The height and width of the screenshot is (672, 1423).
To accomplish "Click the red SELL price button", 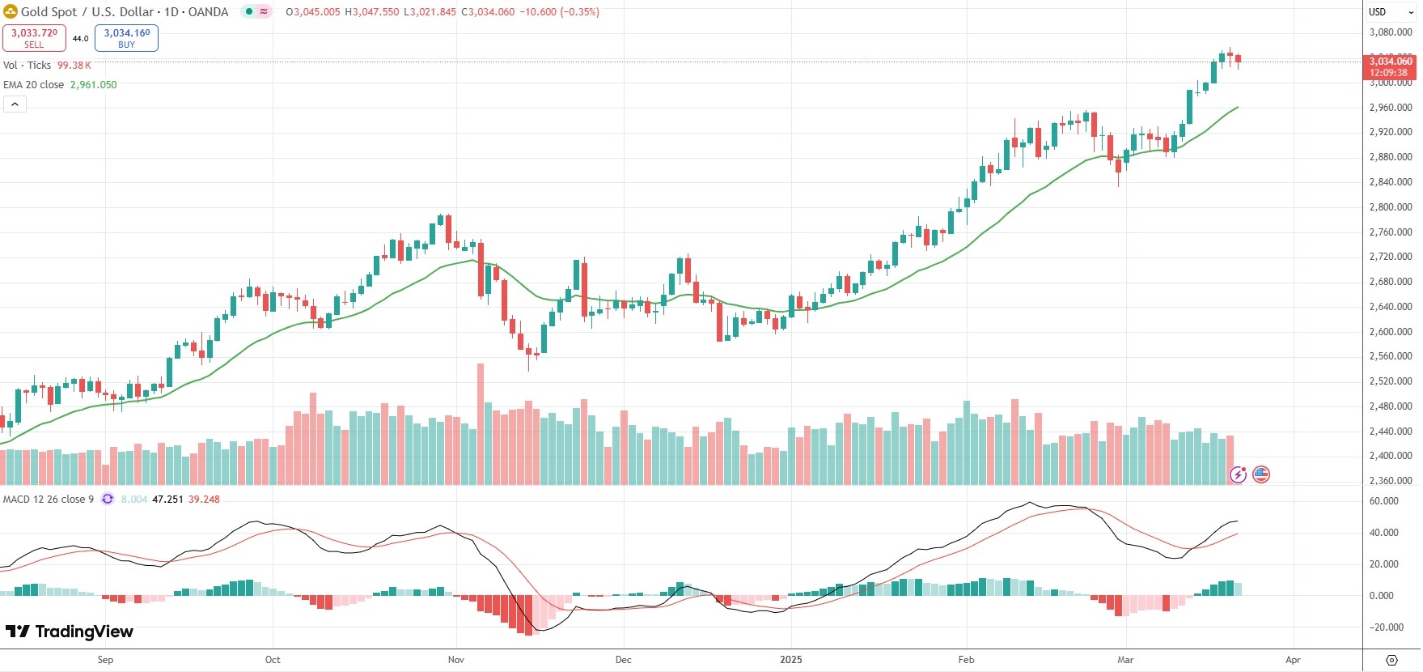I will [x=34, y=37].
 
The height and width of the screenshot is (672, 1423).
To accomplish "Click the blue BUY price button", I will [x=126, y=37].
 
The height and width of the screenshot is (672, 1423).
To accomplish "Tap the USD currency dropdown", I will [x=1391, y=12].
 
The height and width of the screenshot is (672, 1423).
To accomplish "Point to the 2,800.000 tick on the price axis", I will [x=1390, y=207].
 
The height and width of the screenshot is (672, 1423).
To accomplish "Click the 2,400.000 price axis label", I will [x=1390, y=456].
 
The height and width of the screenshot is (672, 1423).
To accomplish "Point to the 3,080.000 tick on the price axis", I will [x=1390, y=32].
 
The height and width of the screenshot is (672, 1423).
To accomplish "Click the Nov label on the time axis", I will [x=456, y=660].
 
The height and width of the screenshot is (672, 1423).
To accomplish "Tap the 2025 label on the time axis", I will [x=790, y=660].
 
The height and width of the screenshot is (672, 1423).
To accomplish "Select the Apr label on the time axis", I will [x=1293, y=660].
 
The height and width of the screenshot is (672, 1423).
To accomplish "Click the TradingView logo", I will [x=70, y=632].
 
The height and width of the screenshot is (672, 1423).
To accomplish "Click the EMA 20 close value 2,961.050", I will [x=93, y=85].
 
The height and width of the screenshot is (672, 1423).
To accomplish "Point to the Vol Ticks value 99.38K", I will [x=74, y=66].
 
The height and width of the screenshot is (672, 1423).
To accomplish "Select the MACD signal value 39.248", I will [x=204, y=500].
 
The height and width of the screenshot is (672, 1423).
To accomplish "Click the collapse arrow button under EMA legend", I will [x=15, y=104].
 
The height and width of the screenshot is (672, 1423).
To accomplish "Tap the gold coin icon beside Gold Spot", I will [x=11, y=12].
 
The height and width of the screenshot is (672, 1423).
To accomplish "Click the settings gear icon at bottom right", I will [x=1391, y=660].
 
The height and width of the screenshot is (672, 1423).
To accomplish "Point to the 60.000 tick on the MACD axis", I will [x=1383, y=501].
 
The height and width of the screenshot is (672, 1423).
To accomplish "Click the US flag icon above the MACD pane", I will [x=1260, y=474].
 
